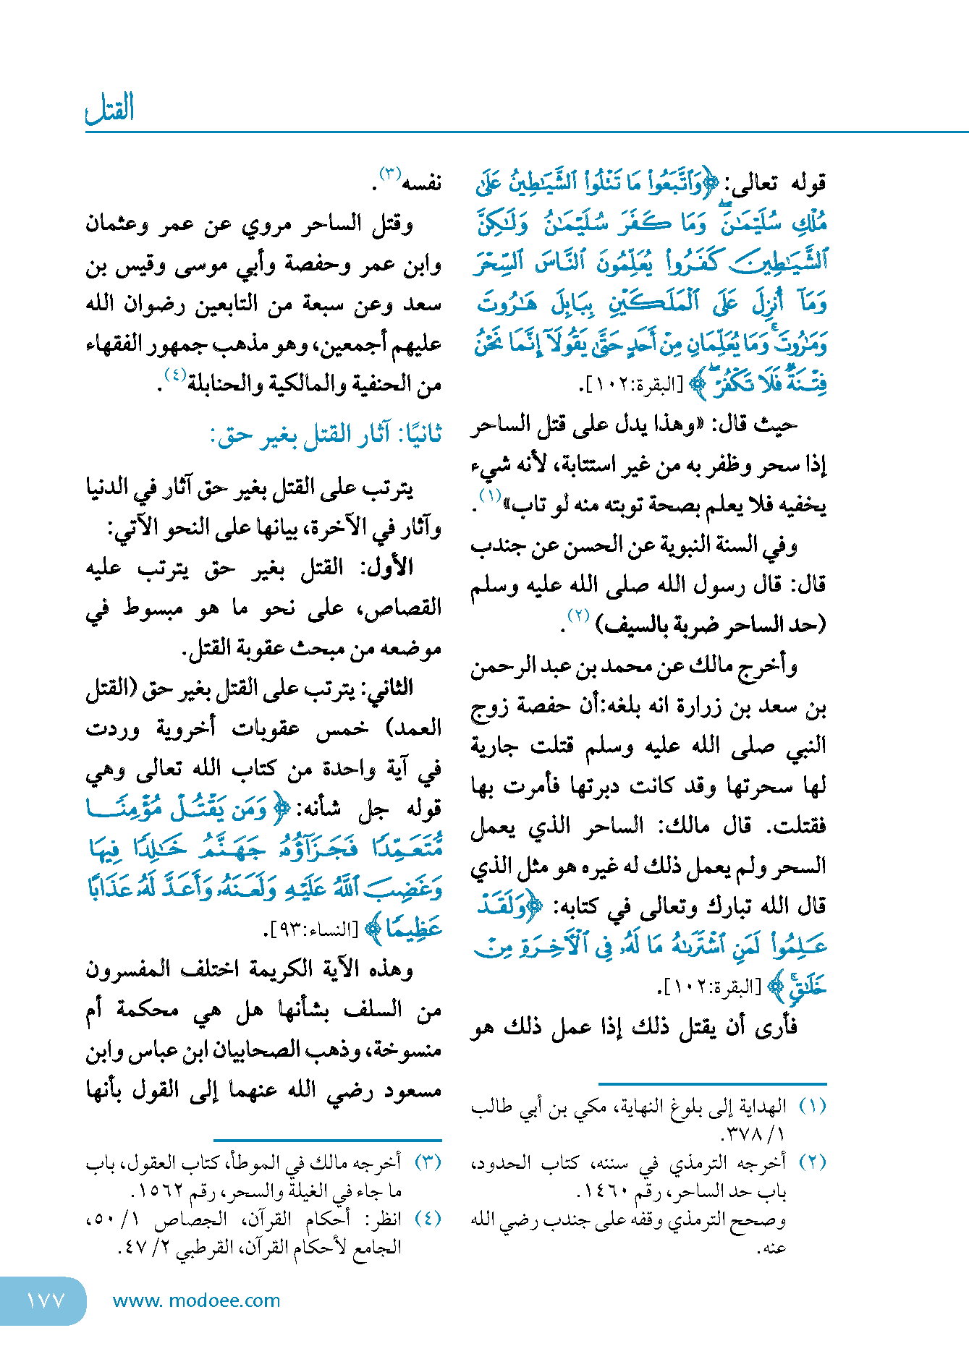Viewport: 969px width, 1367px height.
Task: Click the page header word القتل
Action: coord(110,109)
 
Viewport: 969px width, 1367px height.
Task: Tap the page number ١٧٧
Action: coord(45,1300)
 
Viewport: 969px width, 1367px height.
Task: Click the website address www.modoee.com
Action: coord(196,1300)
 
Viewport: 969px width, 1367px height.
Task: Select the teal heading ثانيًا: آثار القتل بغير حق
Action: coord(326,435)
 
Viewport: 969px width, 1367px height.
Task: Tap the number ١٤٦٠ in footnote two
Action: coord(604,1191)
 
